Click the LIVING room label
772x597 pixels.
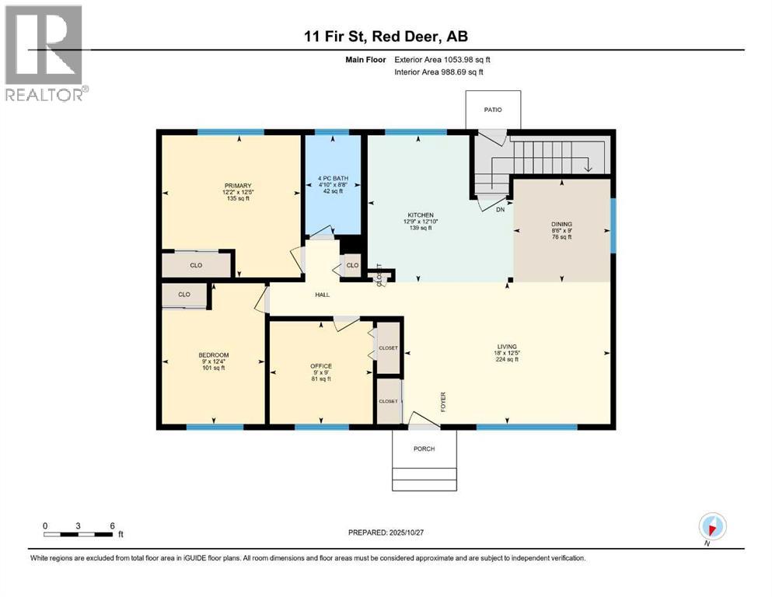(x=507, y=347)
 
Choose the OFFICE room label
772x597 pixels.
(x=320, y=366)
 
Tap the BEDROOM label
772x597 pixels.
(x=213, y=355)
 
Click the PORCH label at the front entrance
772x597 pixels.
(x=424, y=449)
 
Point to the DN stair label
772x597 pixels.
(x=501, y=208)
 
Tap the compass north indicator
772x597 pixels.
(x=711, y=526)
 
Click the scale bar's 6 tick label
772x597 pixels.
(x=112, y=525)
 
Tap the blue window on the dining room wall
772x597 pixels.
(x=613, y=225)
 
